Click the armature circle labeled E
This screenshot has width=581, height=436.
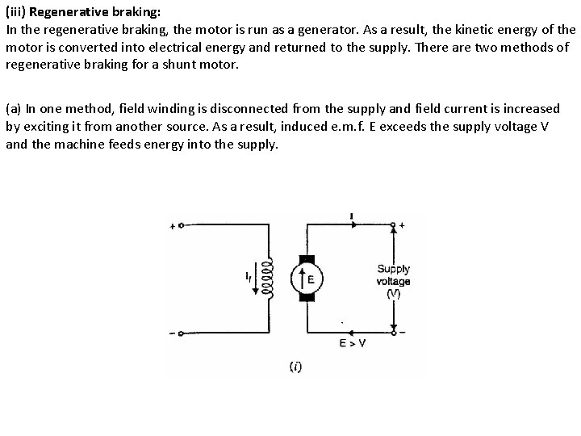307,279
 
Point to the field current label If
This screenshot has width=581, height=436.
249,278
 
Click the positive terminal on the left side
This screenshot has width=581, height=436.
181,226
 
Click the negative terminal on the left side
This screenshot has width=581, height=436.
181,333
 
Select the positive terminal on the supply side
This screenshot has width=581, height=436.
393,225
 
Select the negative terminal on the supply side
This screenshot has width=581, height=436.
393,332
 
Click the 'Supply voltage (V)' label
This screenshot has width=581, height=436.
393,281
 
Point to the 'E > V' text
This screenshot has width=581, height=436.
352,343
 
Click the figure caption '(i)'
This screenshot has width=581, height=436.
295,367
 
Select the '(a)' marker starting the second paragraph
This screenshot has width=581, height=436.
14,108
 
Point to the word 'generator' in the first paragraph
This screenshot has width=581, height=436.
335,29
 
